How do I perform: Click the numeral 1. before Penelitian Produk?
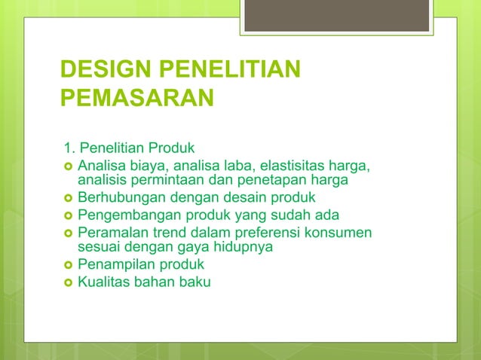coord(69,146)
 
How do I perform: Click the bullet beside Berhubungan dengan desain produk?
coord(68,199)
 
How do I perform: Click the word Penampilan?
coord(115,265)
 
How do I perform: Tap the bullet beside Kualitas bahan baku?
coord(68,282)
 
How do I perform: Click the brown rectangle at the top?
coord(336,15)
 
